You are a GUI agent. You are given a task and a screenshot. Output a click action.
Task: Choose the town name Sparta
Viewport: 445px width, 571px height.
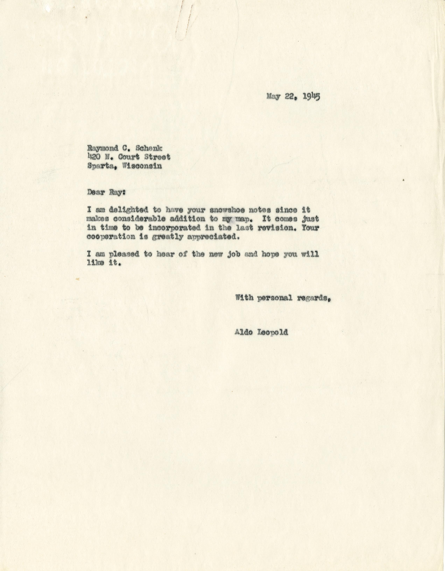pyautogui.click(x=102, y=166)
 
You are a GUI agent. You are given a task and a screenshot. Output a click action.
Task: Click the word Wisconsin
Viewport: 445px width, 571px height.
pyautogui.click(x=142, y=166)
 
